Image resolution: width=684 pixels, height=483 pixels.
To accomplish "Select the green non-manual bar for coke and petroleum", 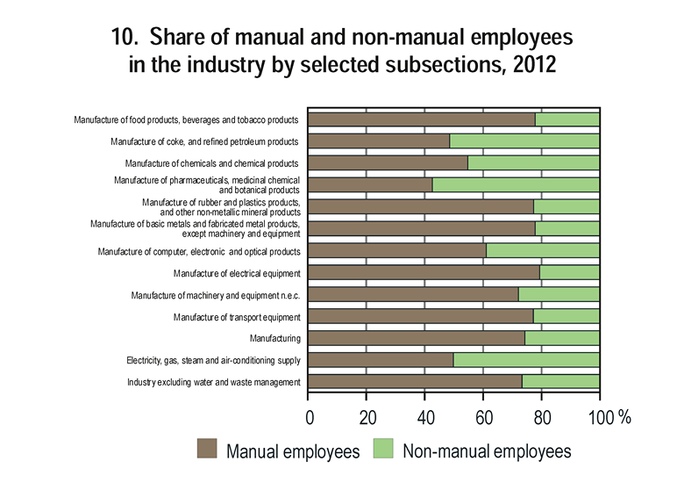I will coord(524,141).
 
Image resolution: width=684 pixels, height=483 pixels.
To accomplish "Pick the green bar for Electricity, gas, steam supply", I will coord(526,360).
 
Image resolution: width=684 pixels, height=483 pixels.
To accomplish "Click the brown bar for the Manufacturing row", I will coord(417,338).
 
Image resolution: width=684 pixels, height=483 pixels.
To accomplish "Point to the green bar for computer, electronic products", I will coord(543,250).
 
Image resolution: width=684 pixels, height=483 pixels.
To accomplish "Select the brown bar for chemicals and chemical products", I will coord(388,162).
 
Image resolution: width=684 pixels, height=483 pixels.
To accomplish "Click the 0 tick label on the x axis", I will coord(310,417).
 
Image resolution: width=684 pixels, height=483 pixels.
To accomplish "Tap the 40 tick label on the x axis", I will coord(425,417).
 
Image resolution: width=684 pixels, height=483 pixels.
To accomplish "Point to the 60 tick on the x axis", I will coord(483,417).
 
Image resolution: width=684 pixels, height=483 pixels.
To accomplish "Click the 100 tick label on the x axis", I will coord(599,417).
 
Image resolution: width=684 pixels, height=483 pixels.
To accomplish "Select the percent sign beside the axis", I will coord(624,417).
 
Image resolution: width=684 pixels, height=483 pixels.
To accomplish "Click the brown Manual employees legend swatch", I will coord(207,451).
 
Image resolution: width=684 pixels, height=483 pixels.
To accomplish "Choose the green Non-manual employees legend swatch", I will coord(382,451).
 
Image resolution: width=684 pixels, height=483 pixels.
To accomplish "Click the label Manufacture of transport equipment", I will coord(237,317).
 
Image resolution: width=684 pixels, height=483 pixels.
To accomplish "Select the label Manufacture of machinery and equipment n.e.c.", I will coord(216,295).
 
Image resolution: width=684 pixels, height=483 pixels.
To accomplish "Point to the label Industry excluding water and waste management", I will coord(214,382).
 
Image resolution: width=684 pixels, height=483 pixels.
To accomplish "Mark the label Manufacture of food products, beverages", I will coord(186,119).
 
